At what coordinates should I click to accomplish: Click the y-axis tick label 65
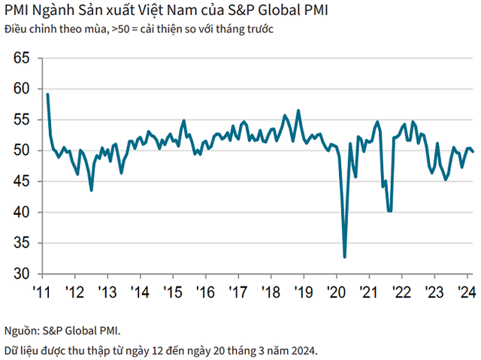(21, 58)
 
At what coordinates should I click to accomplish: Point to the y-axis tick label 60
(21, 89)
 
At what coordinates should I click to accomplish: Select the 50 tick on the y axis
(21, 150)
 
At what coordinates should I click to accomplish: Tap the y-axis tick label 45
(21, 181)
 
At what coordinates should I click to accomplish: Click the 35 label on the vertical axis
(21, 244)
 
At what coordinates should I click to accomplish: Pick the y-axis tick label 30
(21, 274)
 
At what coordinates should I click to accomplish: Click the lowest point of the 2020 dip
(345, 257)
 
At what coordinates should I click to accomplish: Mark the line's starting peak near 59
(47, 95)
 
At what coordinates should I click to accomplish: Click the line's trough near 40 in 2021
(389, 211)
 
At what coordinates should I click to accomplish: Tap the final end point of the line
(473, 152)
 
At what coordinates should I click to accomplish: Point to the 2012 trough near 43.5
(92, 190)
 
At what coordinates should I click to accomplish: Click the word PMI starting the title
(15, 11)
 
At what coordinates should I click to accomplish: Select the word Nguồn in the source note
(20, 328)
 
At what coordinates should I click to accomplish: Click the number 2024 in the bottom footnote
(302, 349)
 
